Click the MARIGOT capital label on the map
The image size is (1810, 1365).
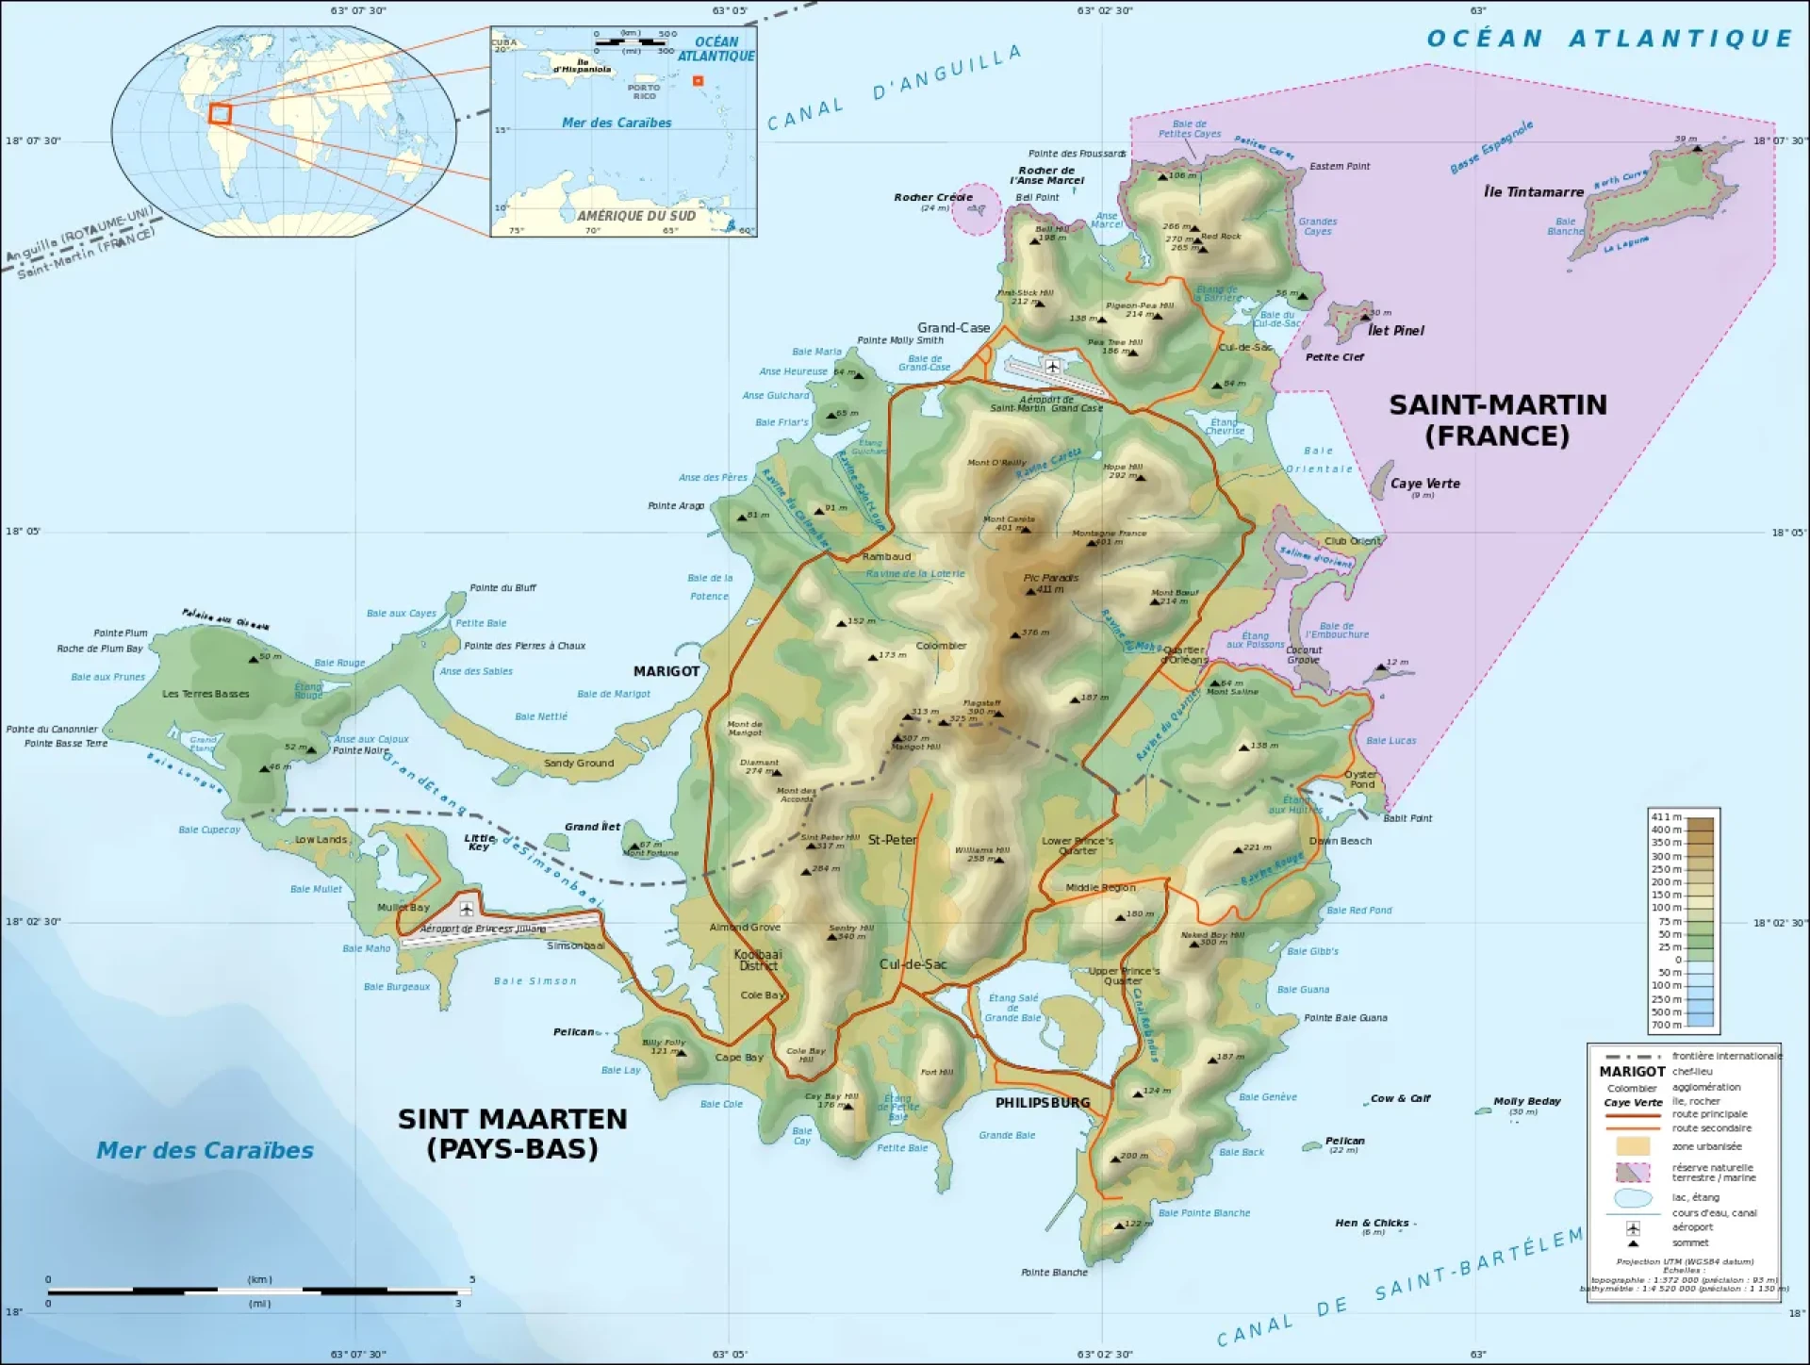click(x=666, y=671)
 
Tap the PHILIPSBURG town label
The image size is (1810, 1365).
click(x=1043, y=1102)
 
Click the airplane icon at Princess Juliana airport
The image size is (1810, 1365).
click(x=466, y=909)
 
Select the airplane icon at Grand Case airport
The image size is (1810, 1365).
click(x=1053, y=366)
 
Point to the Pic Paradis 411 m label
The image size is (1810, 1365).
click(x=1050, y=583)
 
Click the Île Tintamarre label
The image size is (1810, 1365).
click(x=1533, y=191)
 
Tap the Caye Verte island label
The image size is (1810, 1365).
click(x=1424, y=484)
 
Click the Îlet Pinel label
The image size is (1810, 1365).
click(x=1396, y=330)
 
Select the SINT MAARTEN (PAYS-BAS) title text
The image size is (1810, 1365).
click(x=512, y=1133)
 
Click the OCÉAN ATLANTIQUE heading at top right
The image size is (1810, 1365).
click(x=1608, y=39)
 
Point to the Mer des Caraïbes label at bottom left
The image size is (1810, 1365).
click(x=205, y=1150)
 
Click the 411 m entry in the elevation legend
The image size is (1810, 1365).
click(x=1666, y=817)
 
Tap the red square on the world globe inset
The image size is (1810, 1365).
click(x=220, y=114)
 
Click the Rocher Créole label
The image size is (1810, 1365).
click(x=932, y=197)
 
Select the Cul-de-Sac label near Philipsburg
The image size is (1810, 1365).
click(x=913, y=964)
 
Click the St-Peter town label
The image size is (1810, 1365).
click(x=892, y=839)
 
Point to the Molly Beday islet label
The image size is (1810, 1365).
click(x=1526, y=1101)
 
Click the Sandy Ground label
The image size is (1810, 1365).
click(x=578, y=763)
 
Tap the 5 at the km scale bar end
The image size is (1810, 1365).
click(x=472, y=1279)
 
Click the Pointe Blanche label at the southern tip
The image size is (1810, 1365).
click(x=1054, y=1272)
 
